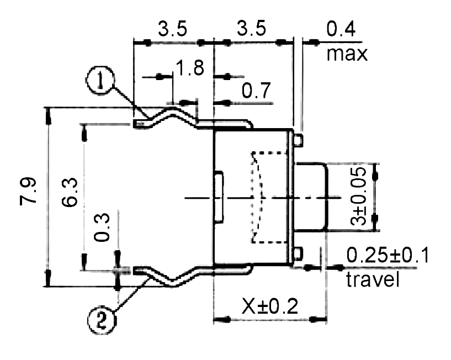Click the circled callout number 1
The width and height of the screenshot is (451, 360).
click(100, 80)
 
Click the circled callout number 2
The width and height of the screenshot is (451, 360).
click(101, 320)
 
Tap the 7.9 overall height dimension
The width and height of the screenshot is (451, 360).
click(28, 192)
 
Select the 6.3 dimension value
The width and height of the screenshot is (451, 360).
click(70, 192)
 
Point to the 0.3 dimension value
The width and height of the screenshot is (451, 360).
click(102, 227)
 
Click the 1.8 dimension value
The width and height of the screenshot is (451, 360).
click(189, 67)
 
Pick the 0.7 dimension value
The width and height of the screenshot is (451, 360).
click(256, 90)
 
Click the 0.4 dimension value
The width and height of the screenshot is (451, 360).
click(341, 29)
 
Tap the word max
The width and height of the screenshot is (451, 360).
click(347, 54)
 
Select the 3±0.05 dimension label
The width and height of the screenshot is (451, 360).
click(358, 197)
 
